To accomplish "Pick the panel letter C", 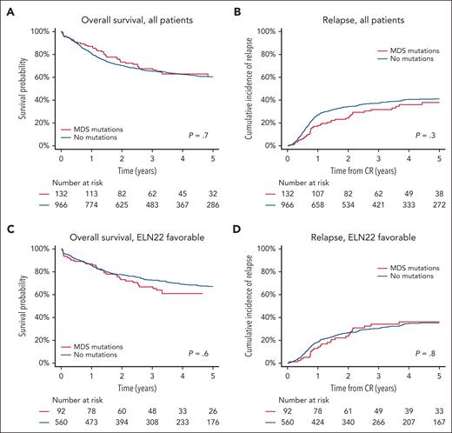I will click(6, 227).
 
